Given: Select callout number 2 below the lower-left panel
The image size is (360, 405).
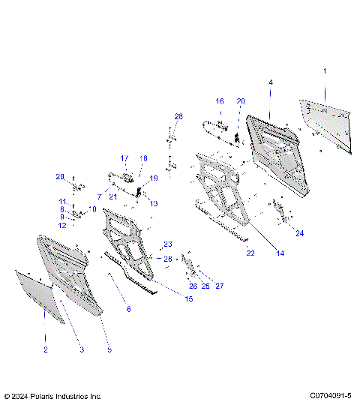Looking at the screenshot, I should tap(45, 349).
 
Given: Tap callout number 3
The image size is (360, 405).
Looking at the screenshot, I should tap(82, 349).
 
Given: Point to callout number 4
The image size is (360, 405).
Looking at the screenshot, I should tap(271, 82).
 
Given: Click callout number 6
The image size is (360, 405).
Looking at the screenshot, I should tap(127, 308).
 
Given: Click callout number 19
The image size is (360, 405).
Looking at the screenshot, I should tap(154, 178).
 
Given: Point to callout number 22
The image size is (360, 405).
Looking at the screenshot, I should tap(250, 253).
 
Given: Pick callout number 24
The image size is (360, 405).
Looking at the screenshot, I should tap(299, 233).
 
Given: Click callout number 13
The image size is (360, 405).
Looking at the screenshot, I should tap(154, 203).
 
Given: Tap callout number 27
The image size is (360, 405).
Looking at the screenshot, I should tap(220, 286).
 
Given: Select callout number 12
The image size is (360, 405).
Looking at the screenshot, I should tap(63, 225).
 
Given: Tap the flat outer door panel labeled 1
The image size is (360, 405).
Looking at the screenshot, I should tap(326, 120).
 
